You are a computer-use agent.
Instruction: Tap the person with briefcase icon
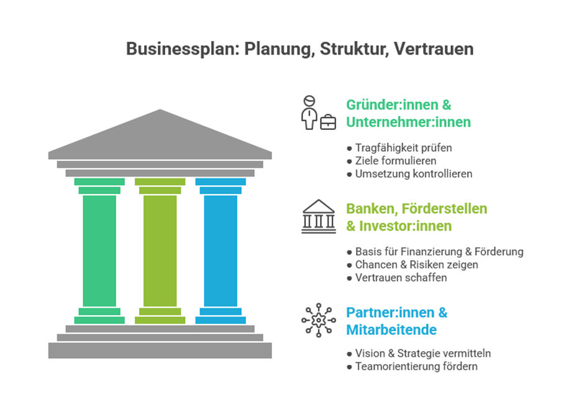[317, 113]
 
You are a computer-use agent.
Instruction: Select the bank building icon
[318, 217]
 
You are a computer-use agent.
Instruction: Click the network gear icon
[317, 320]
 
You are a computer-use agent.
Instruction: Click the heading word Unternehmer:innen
[408, 122]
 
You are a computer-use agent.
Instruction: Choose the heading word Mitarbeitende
[391, 329]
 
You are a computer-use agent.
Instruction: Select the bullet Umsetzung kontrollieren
[413, 174]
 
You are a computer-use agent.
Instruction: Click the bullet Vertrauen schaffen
[401, 278]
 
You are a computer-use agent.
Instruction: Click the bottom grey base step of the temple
[160, 351]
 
